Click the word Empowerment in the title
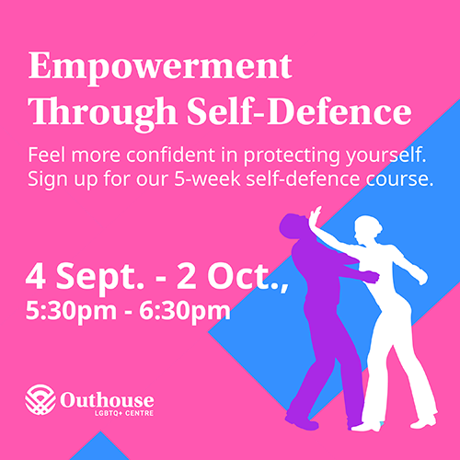pyautogui.click(x=160, y=67)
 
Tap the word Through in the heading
pyautogui.click(x=102, y=113)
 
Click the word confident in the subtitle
pyautogui.click(x=170, y=155)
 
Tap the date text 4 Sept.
pyautogui.click(x=85, y=277)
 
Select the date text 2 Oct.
pyautogui.click(x=232, y=276)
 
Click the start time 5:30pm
pyautogui.click(x=71, y=311)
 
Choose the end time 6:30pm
pyautogui.click(x=185, y=311)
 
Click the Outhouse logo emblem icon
pyautogui.click(x=40, y=399)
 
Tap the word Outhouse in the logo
pyautogui.click(x=107, y=400)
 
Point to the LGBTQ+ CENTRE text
pyautogui.click(x=124, y=413)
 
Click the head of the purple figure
pyautogui.click(x=293, y=225)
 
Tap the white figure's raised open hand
pyautogui.click(x=315, y=216)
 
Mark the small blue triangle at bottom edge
pyautogui.click(x=100, y=446)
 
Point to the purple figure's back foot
pyautogui.click(x=302, y=422)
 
